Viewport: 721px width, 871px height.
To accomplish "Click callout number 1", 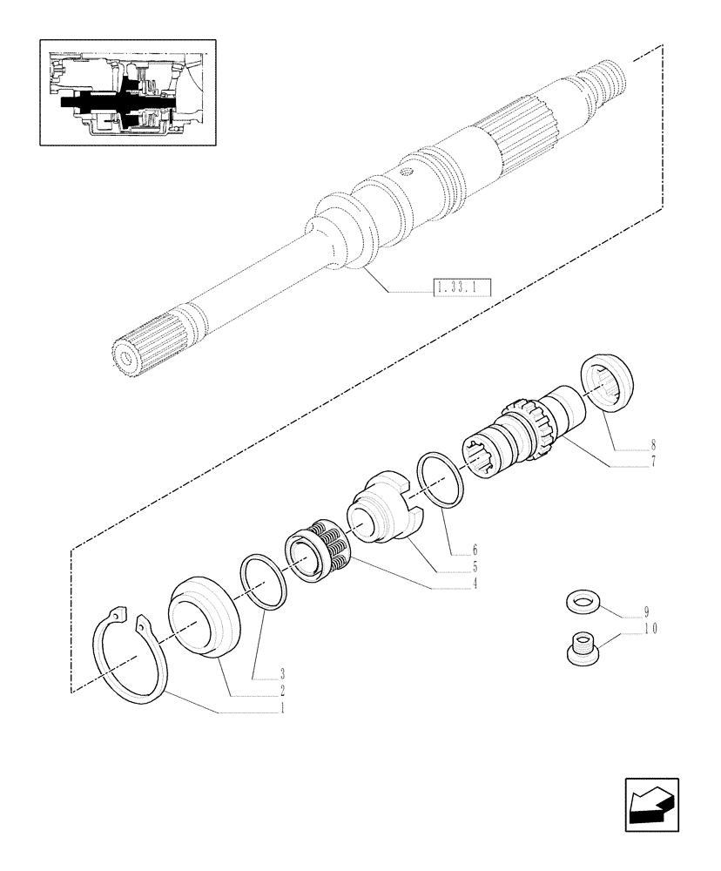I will click(x=281, y=709).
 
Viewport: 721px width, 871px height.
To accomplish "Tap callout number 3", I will click(x=282, y=673).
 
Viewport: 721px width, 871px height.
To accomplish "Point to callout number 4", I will click(x=475, y=584).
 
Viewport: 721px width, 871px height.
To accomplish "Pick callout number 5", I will click(x=475, y=567).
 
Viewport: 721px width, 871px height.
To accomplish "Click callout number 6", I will click(x=475, y=550).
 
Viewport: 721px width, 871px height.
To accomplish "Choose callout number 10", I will click(x=648, y=628).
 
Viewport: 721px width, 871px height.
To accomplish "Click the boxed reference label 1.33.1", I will click(x=462, y=287).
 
